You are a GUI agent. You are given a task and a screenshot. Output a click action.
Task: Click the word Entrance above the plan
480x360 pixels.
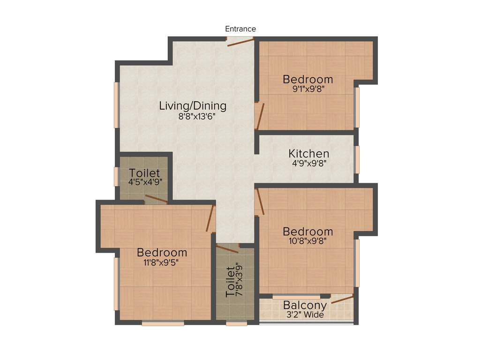coord(240,29)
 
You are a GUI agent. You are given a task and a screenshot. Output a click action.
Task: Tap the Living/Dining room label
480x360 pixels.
coord(193,106)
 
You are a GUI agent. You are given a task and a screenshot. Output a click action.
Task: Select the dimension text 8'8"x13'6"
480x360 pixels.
coord(195,117)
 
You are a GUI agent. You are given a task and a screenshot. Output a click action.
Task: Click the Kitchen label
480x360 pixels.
coord(308,154)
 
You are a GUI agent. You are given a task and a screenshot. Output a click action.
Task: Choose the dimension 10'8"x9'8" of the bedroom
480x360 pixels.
coord(307,241)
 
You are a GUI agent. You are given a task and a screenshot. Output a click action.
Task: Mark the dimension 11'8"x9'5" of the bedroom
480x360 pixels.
coord(161,262)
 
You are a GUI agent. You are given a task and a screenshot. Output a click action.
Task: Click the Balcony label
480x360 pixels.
coord(305,306)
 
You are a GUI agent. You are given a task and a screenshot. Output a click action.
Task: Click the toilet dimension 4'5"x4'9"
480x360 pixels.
coord(145,182)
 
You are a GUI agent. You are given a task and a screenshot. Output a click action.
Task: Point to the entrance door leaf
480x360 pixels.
coord(240,42)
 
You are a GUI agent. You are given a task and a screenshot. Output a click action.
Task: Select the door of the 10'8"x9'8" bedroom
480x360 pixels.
coord(260,202)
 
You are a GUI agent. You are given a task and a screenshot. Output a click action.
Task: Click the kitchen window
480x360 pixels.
coord(357,160)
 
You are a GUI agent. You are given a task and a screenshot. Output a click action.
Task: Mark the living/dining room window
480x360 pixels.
coord(116,105)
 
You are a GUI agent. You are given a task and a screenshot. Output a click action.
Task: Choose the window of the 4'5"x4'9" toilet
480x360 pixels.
coord(116,177)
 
